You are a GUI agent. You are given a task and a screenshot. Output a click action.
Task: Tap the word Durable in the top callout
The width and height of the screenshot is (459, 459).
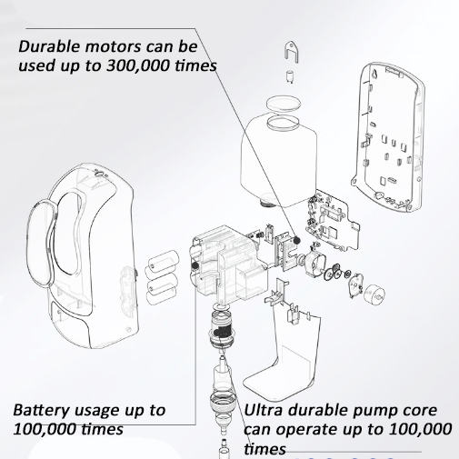49,46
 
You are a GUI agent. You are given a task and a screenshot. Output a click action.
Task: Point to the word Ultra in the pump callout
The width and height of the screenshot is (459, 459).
263,410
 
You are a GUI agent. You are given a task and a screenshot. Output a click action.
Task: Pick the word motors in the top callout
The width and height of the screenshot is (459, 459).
113,47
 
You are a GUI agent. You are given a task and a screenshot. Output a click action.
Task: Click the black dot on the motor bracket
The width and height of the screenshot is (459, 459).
296,240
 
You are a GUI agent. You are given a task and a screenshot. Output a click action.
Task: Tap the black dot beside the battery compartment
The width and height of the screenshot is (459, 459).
195,265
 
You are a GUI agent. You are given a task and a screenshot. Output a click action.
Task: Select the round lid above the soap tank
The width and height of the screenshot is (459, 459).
284,104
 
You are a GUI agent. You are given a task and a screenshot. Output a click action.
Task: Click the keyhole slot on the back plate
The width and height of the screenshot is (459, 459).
375,74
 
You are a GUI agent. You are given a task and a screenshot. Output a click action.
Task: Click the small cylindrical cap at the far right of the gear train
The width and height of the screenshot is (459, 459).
374,294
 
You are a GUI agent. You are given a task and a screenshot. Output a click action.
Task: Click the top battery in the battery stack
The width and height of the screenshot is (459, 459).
162,260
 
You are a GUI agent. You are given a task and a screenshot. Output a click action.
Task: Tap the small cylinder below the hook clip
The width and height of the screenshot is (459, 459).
290,76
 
